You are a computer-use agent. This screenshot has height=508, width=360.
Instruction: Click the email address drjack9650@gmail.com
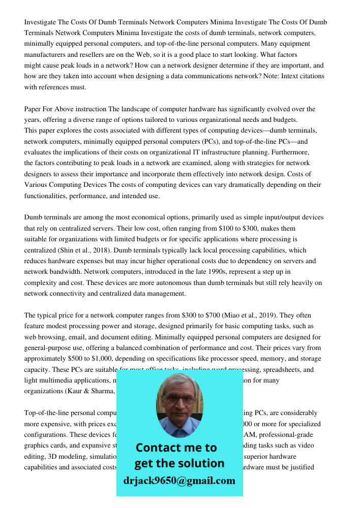tap(179, 481)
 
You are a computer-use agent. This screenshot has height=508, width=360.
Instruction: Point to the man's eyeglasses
tap(180, 399)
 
